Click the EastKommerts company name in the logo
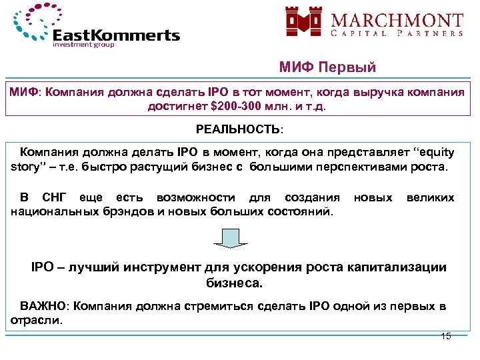[116, 34]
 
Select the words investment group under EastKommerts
[83, 45]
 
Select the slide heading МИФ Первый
[327, 67]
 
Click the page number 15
[446, 336]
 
